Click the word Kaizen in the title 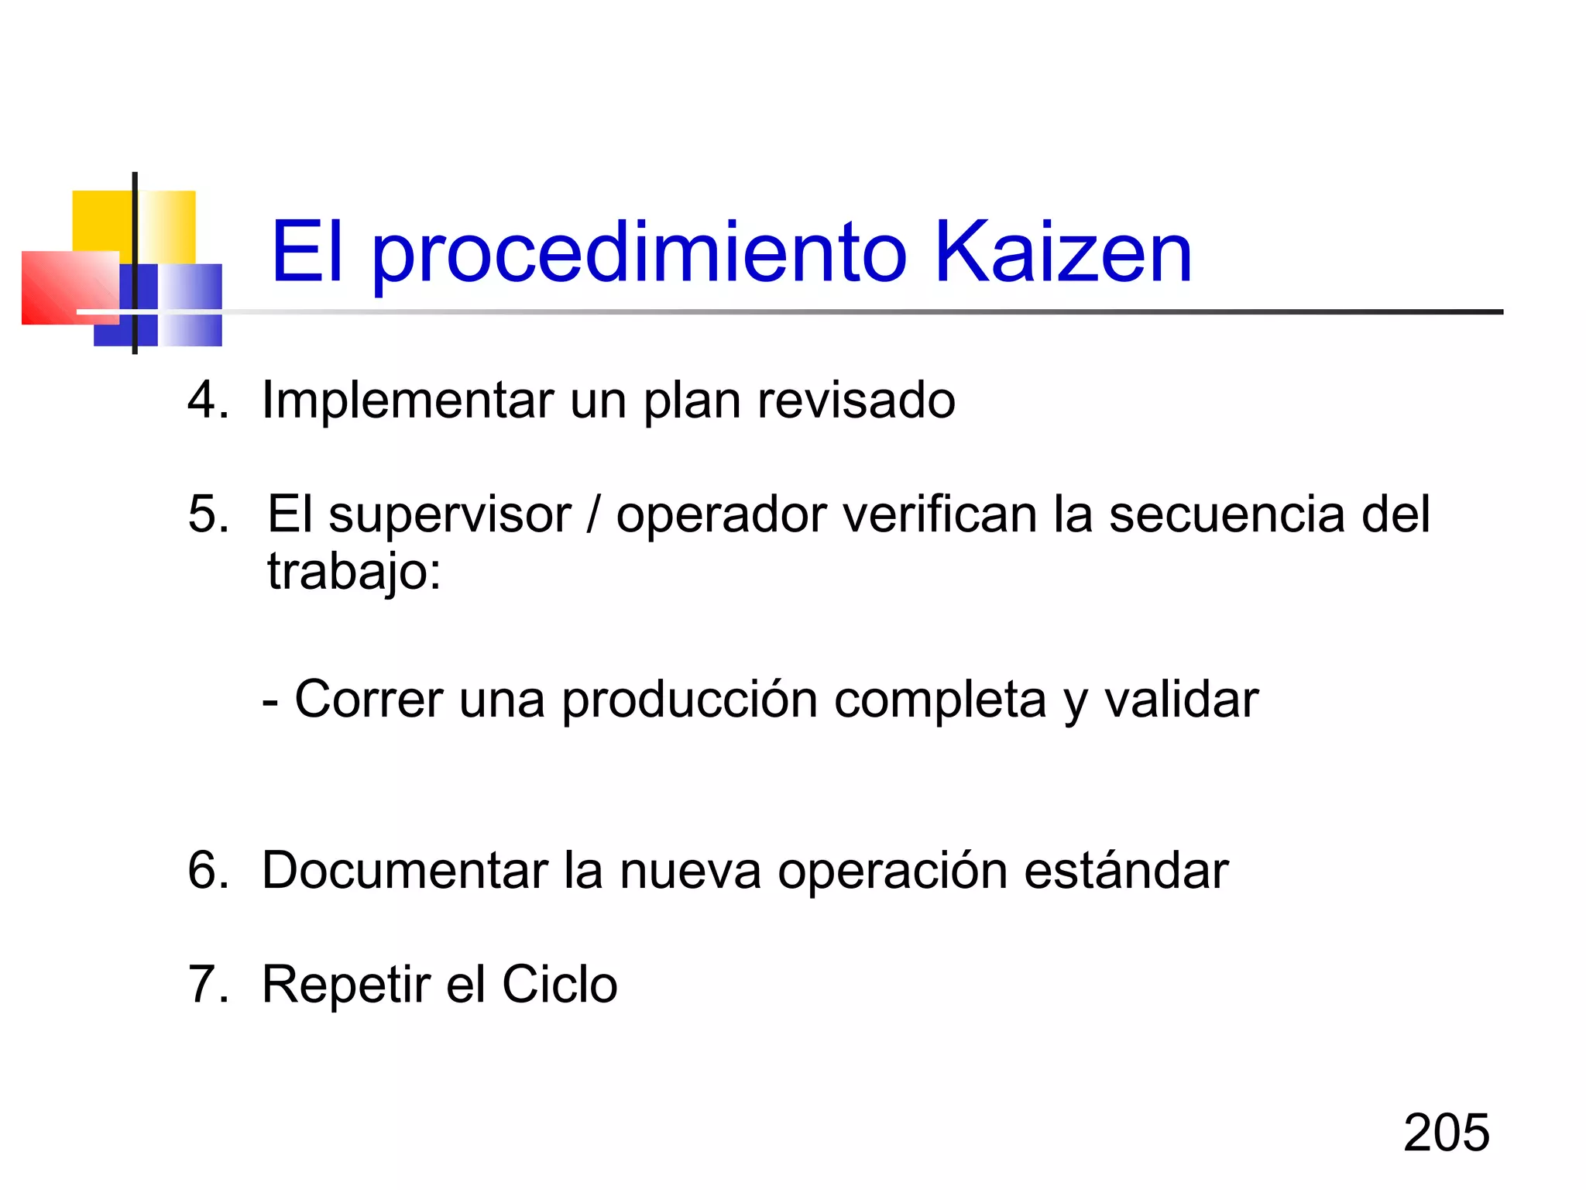1062,252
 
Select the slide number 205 1446,1133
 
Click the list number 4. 208,401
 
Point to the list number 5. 208,514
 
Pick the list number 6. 208,870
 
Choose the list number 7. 208,985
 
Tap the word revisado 856,401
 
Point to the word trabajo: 354,573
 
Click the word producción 689,700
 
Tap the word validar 1181,700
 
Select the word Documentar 405,870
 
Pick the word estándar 1126,870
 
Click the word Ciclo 559,985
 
